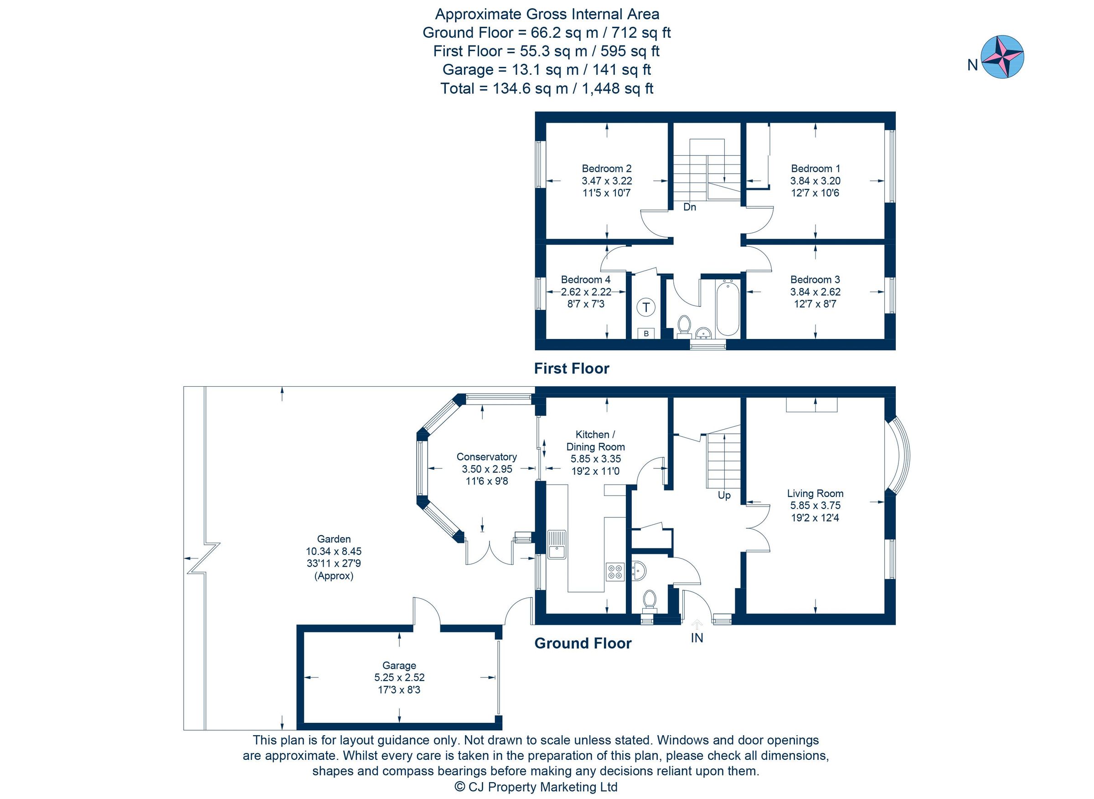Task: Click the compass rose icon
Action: pos(1002,56)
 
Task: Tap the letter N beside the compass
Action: pos(973,65)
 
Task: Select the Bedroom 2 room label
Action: pos(606,169)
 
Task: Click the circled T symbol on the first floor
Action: pos(646,307)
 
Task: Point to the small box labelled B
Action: pos(646,334)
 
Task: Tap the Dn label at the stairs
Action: pos(690,207)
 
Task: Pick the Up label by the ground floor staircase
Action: pos(724,496)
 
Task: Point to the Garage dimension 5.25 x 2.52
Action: pos(399,678)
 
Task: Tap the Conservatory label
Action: pos(487,457)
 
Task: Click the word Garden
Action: pos(334,539)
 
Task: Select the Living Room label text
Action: pos(815,493)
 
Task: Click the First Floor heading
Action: pos(572,369)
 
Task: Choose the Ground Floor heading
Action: pos(583,643)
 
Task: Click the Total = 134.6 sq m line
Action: pos(547,88)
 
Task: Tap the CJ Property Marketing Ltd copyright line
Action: pos(536,787)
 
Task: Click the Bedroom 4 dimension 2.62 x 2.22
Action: pos(585,292)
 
